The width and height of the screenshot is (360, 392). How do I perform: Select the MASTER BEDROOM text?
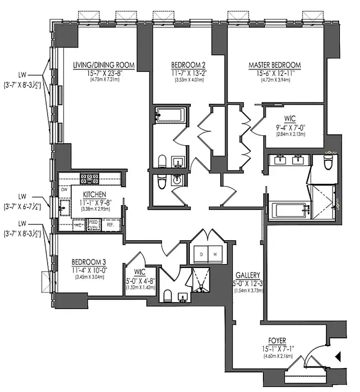(x=274, y=65)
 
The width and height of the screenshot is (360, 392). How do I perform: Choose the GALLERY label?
(x=247, y=275)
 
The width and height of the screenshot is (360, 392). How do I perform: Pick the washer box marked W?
(x=214, y=254)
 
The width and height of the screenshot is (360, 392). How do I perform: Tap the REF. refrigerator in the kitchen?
(x=103, y=224)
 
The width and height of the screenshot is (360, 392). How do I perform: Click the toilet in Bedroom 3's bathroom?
(x=167, y=295)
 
